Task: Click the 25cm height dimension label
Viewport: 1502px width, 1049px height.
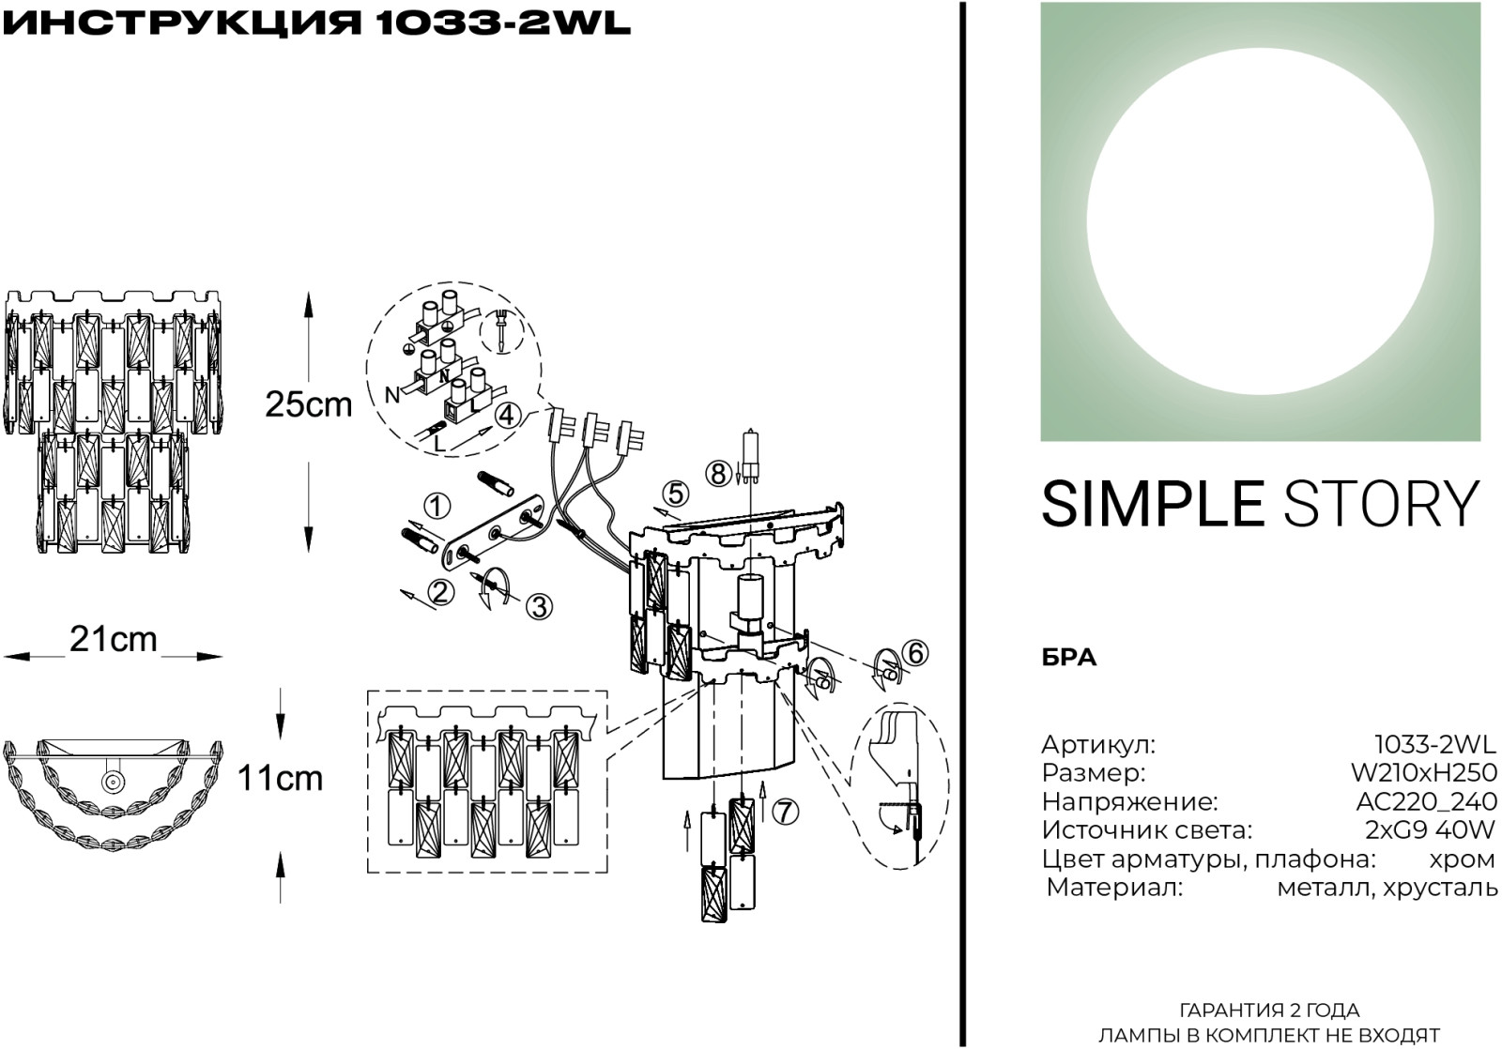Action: click(309, 404)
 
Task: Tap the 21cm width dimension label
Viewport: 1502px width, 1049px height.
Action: click(114, 640)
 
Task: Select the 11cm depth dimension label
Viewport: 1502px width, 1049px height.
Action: click(281, 778)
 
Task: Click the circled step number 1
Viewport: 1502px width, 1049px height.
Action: click(437, 507)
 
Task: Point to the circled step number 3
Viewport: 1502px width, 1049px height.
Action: click(539, 607)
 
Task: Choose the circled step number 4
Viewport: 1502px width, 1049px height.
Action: click(508, 415)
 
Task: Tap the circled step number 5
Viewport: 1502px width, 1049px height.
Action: click(675, 494)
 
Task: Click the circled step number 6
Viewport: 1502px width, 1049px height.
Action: click(915, 653)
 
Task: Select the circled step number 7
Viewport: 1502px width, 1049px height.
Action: click(785, 812)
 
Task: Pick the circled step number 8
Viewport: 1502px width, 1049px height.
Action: click(718, 474)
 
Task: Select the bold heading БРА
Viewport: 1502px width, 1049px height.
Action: click(1069, 658)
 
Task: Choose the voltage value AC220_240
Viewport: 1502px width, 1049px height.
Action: click(1426, 801)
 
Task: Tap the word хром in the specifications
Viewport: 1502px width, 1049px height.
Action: click(1463, 859)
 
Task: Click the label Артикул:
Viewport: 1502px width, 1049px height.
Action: click(1099, 745)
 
